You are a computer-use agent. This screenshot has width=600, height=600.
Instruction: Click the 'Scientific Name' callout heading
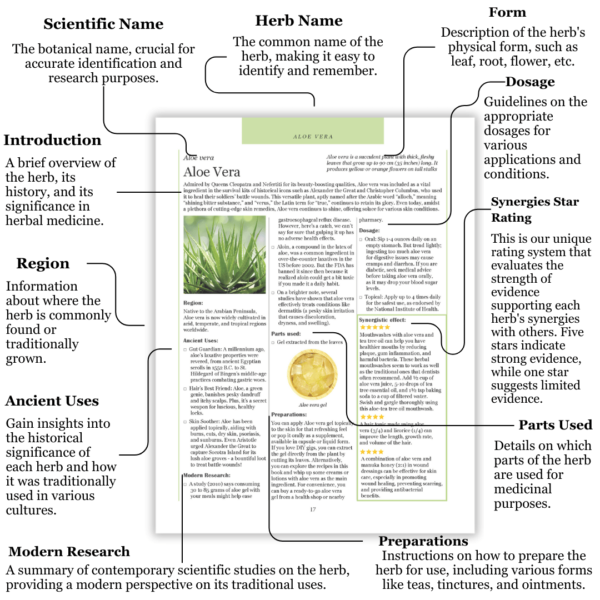point(103,24)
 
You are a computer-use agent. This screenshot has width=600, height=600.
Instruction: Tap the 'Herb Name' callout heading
point(299,21)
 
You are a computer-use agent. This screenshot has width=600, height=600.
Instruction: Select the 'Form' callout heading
point(507,12)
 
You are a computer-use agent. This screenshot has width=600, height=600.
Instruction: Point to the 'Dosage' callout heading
point(530,82)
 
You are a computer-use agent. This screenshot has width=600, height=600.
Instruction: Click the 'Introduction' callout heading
point(53,140)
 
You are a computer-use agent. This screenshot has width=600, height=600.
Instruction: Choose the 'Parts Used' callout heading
point(556,426)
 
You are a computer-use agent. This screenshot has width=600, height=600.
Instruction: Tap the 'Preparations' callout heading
point(423,541)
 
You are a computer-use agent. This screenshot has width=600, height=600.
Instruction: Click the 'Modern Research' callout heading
point(69,552)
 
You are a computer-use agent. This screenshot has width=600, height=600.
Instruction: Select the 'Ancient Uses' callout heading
point(52,401)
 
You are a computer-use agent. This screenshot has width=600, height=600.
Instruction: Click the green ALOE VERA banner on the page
point(313,131)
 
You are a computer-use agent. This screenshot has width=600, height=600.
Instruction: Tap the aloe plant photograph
point(224,255)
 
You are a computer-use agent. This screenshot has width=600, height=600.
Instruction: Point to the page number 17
point(313,509)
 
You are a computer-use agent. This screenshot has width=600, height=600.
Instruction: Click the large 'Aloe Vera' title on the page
point(212,171)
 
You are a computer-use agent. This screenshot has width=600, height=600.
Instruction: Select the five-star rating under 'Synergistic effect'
point(375,328)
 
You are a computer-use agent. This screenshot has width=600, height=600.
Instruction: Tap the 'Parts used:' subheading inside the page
point(286,334)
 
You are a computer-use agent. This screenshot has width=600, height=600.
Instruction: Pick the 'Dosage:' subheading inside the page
point(369,231)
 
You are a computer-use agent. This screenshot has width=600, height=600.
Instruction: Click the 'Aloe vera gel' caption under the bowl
point(312,405)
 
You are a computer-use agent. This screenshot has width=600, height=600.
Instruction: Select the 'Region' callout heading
point(43,263)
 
